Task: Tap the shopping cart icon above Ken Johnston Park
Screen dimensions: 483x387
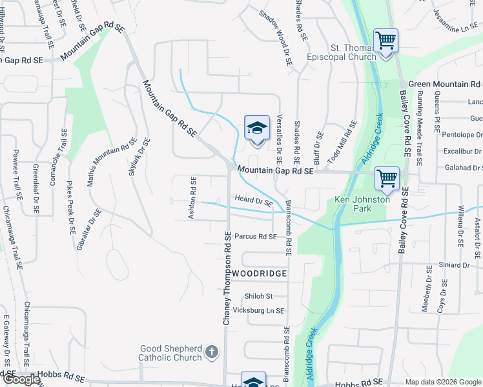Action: tap(387, 179)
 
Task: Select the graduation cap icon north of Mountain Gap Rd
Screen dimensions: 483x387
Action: tap(256, 128)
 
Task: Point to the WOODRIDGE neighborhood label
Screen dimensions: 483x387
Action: tap(259, 274)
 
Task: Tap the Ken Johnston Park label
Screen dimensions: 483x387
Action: tap(362, 204)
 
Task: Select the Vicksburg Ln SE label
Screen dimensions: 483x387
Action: tap(258, 310)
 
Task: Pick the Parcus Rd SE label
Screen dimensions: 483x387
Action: tap(256, 237)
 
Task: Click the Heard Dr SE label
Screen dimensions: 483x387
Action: tap(254, 201)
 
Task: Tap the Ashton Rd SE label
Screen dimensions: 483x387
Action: tap(192, 197)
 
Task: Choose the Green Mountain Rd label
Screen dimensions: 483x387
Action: tap(445, 84)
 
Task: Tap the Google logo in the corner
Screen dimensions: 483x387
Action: tap(21, 379)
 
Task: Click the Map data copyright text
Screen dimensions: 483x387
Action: tap(442, 382)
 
